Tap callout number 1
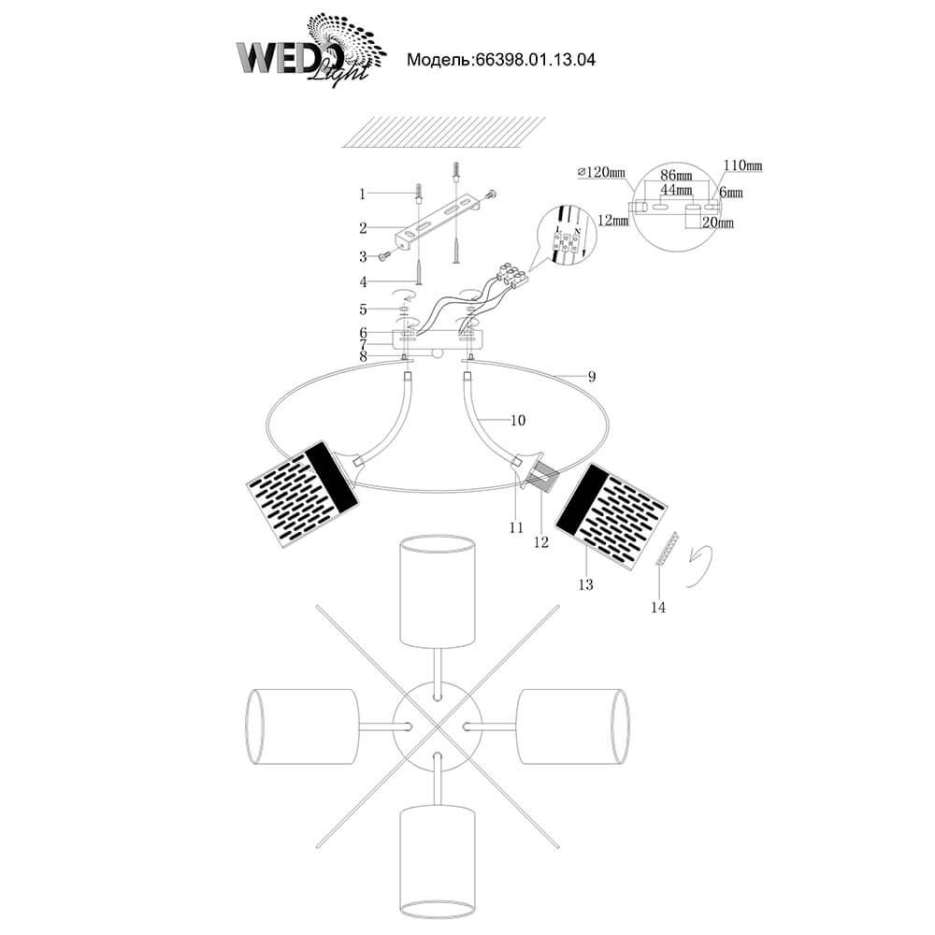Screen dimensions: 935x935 pos(361,194)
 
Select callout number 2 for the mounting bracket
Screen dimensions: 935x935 pos(361,226)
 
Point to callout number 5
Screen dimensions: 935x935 pos(361,308)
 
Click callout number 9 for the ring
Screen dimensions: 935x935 pos(591,377)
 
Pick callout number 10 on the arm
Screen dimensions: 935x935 pos(519,421)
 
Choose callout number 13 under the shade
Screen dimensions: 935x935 pos(586,585)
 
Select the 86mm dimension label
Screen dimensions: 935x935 pos(676,176)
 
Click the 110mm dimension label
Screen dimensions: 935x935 pos(742,165)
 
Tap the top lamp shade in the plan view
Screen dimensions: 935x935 pos(436,591)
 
